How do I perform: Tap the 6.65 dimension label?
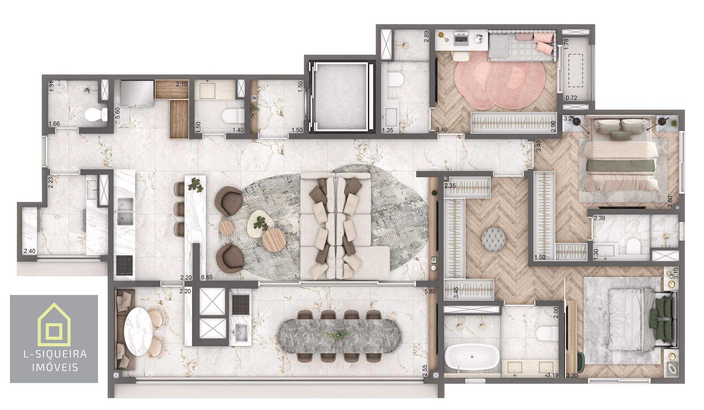(207, 277)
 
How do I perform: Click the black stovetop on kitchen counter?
(124, 265)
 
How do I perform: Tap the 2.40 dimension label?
(30, 251)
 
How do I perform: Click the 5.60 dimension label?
(118, 113)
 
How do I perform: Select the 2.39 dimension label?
(599, 218)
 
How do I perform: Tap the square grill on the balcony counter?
(241, 305)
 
